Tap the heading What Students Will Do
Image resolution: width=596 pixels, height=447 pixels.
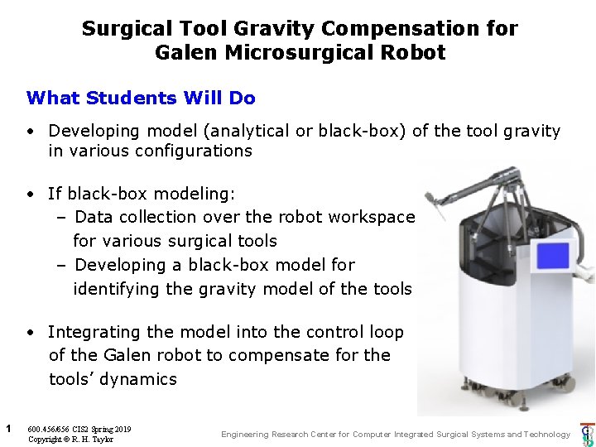pyautogui.click(x=141, y=98)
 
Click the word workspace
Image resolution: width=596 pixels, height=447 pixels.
pyautogui.click(x=372, y=217)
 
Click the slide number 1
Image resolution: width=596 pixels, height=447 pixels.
pyautogui.click(x=7, y=428)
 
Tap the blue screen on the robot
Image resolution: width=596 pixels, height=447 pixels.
pyautogui.click(x=554, y=256)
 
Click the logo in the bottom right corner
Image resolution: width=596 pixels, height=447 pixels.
pyautogui.click(x=587, y=435)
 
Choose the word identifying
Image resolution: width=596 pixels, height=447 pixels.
pyautogui.click(x=116, y=289)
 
